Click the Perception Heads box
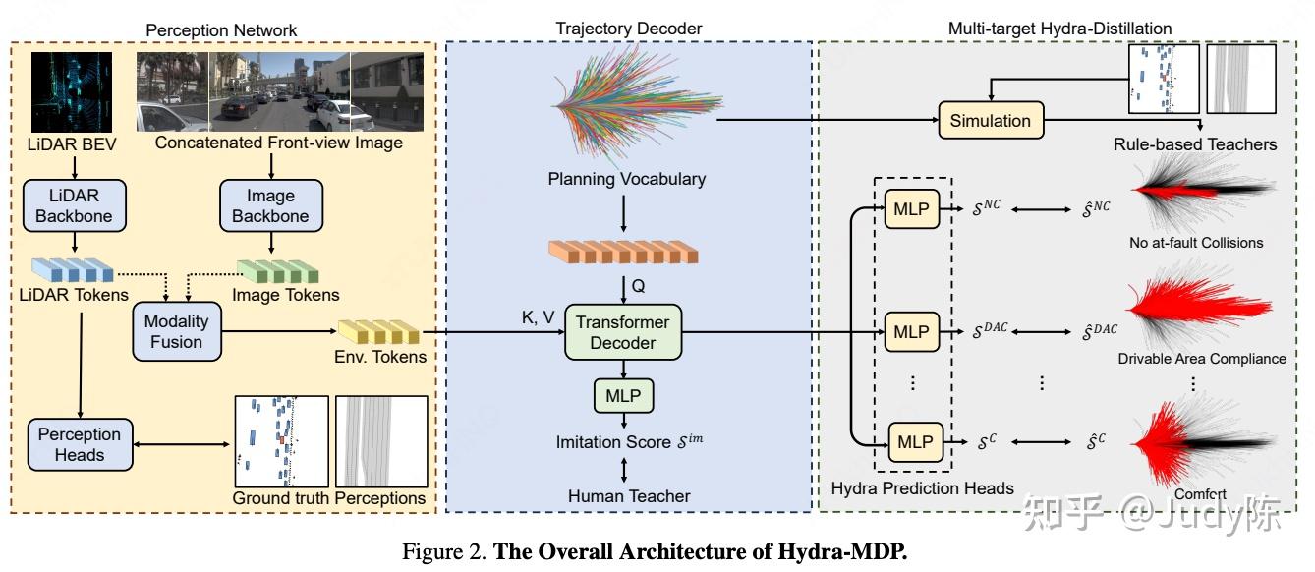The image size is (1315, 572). pos(80,444)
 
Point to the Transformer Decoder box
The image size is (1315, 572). pos(622,332)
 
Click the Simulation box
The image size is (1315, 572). pos(990,121)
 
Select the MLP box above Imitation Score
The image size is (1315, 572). pos(622,396)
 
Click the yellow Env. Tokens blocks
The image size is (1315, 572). pos(378,333)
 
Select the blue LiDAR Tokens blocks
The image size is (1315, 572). pos(71,269)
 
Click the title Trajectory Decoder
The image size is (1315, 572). pos(629,29)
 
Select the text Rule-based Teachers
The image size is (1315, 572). pos(1194,144)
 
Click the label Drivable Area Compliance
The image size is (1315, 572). pos(1201,359)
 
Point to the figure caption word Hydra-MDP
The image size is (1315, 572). pos(854,551)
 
